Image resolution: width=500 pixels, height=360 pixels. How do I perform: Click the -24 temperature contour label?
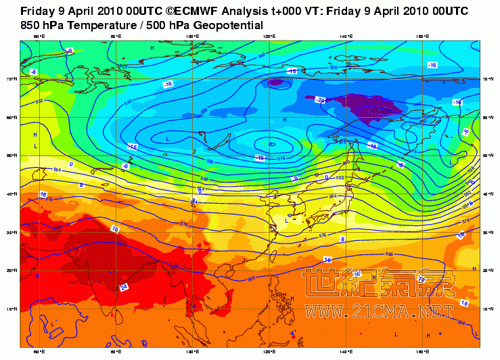(x=321, y=99)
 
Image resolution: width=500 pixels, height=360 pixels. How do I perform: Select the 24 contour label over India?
(x=124, y=287)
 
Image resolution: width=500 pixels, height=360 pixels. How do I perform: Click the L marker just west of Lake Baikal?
(x=167, y=139)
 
